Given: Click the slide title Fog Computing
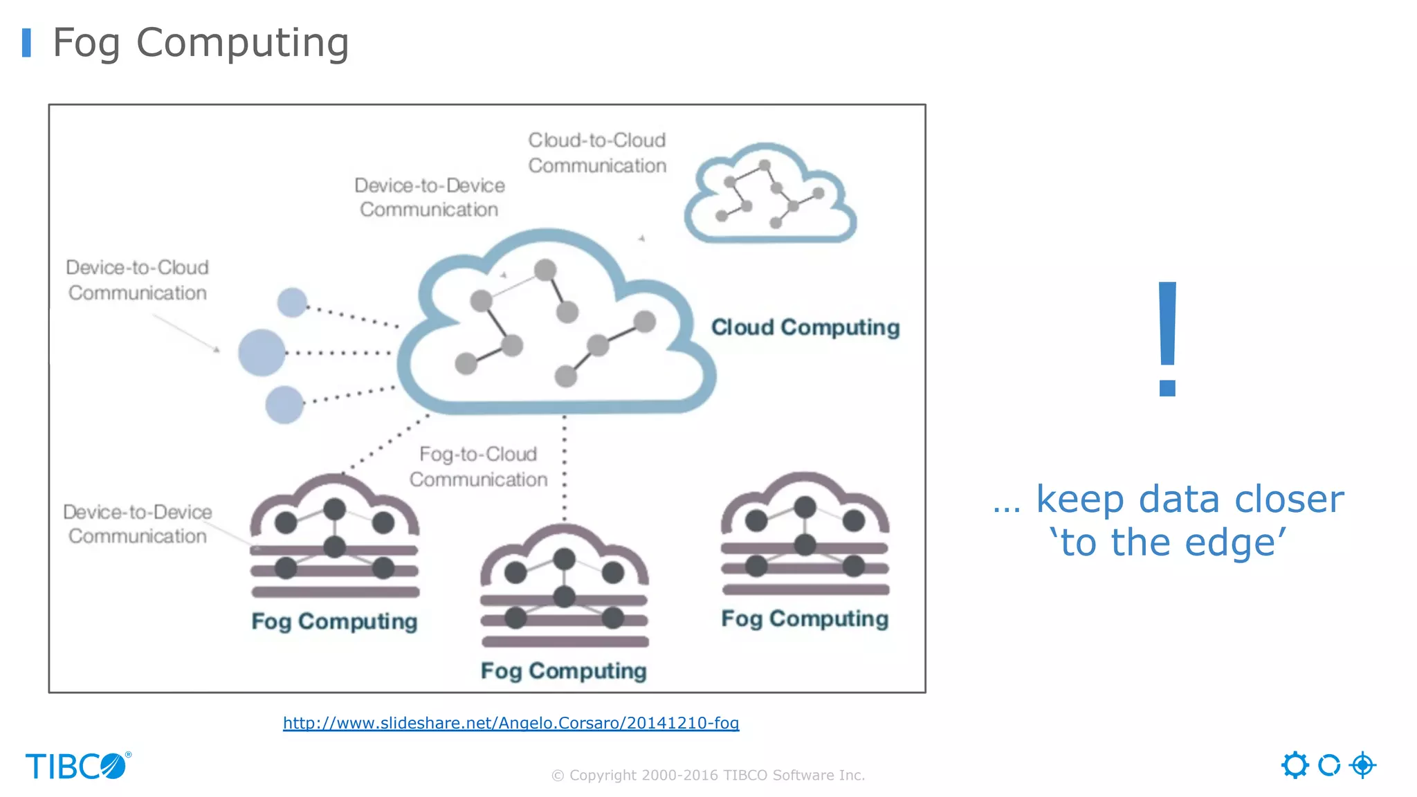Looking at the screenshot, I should [201, 43].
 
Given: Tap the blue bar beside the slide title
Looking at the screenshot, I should [27, 43].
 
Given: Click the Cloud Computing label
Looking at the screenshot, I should [805, 327].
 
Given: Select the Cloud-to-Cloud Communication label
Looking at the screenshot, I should [597, 153].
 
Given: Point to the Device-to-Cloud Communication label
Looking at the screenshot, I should [137, 280].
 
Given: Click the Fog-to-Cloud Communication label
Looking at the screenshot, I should [478, 466].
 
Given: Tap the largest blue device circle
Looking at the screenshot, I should [262, 353].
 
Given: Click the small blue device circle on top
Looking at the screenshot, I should [292, 302].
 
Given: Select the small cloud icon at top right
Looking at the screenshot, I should [770, 195].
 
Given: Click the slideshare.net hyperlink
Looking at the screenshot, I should [511, 723].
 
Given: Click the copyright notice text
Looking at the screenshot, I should [708, 776].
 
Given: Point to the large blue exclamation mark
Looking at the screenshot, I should [1168, 339].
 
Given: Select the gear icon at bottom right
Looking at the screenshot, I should [1295, 765].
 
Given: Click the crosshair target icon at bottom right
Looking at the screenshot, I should [1362, 765].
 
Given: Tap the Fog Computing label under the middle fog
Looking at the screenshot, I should [563, 671].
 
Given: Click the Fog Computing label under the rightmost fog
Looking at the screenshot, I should [805, 619].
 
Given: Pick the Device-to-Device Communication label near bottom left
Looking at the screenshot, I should [137, 524].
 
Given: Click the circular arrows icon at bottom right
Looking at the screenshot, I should [1328, 765].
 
